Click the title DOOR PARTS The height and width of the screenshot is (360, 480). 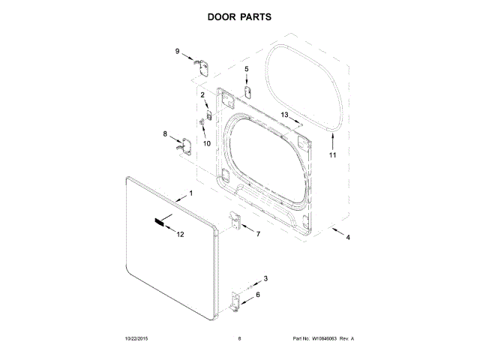239,15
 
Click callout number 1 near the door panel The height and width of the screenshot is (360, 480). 190,193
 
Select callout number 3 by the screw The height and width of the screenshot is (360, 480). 265,279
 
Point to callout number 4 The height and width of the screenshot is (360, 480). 347,238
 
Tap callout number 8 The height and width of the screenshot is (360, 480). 166,134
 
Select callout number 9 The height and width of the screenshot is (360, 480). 178,51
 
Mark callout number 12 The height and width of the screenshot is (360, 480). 180,235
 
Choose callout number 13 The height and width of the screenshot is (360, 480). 284,114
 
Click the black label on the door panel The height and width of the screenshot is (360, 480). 160,222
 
